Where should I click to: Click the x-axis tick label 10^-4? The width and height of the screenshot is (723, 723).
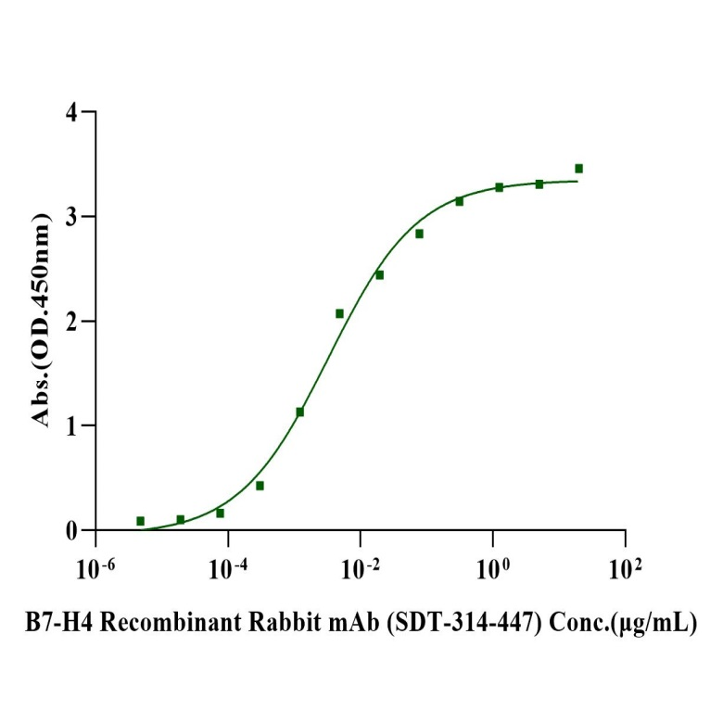click(228, 565)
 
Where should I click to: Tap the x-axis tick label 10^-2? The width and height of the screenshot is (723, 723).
click(361, 565)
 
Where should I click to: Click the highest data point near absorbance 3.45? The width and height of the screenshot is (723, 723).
click(579, 169)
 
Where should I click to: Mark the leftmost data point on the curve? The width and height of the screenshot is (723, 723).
click(141, 521)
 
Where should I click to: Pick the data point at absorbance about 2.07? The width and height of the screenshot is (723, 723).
click(340, 313)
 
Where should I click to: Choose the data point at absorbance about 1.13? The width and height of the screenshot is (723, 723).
click(300, 412)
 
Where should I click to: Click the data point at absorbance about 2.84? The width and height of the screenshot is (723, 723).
click(419, 234)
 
